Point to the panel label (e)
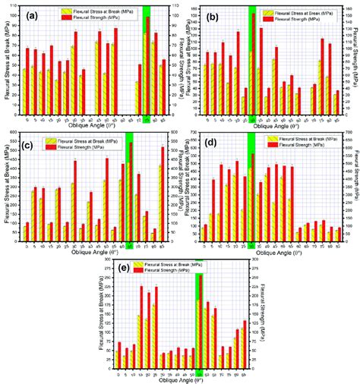[x=119, y=270]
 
